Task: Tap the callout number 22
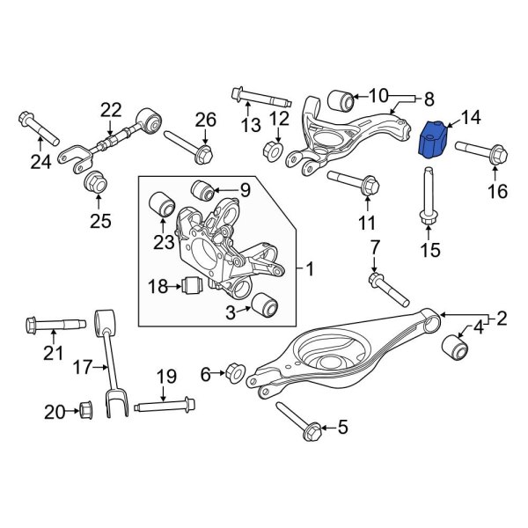(x=110, y=110)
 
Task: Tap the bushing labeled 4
(x=457, y=346)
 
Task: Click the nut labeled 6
(x=234, y=372)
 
